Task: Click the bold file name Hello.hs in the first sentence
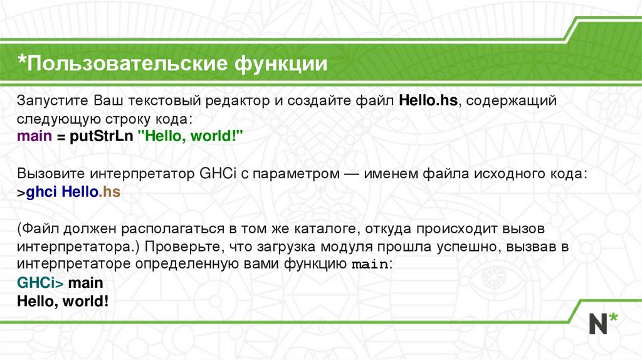point(428,101)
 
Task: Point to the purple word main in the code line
point(34,136)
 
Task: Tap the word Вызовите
point(50,172)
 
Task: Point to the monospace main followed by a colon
point(370,265)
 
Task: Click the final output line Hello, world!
point(63,301)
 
